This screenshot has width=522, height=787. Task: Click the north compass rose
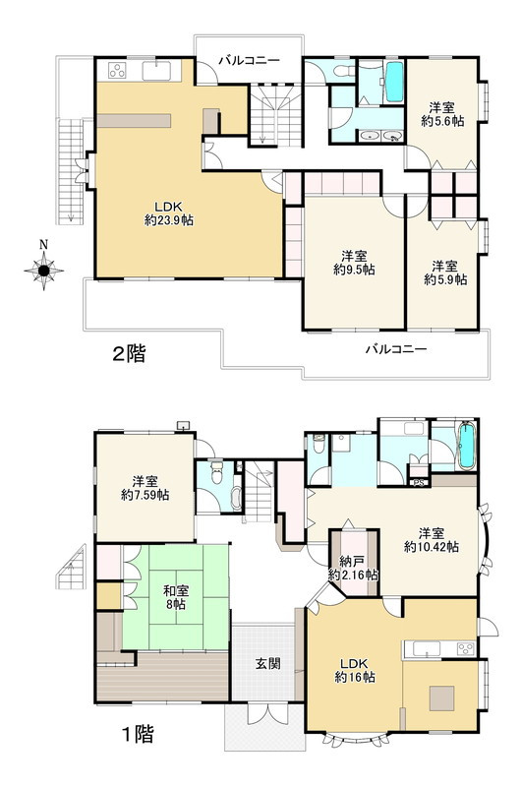[x=43, y=271]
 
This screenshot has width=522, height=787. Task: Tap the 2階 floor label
[x=129, y=354]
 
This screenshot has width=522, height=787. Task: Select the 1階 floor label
[x=138, y=734]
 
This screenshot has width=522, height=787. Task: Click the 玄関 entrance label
[x=268, y=663]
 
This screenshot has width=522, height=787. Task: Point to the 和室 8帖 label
[x=175, y=597]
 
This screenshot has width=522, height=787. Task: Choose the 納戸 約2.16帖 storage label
[x=353, y=568]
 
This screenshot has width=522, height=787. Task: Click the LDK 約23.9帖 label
[x=168, y=213]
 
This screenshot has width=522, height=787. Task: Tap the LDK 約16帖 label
[x=355, y=670]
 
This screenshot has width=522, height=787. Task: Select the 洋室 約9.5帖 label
[x=354, y=263]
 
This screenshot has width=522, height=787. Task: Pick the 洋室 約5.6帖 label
[x=442, y=114]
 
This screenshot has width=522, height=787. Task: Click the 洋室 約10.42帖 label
[x=431, y=539]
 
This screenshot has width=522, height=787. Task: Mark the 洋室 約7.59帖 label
[x=145, y=488]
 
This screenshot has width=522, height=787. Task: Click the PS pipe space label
[x=419, y=483]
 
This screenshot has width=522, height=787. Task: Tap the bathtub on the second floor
[x=394, y=83]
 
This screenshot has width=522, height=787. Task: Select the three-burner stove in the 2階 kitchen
[x=117, y=71]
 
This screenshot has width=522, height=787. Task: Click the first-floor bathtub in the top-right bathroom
[x=465, y=446]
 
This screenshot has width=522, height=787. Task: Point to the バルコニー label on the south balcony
[x=395, y=349]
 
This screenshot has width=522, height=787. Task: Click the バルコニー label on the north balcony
[x=249, y=61]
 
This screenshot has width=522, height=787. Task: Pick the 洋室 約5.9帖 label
[x=445, y=272]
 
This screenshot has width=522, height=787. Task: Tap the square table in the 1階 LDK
[x=441, y=698]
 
